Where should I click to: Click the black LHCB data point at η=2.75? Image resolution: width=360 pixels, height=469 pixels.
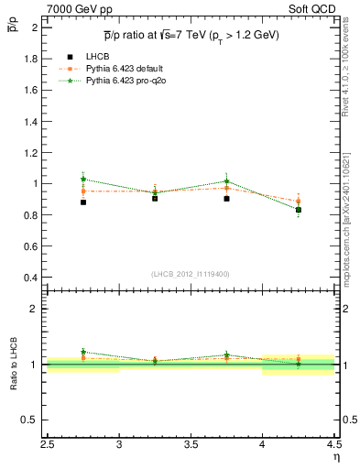coord(83,202)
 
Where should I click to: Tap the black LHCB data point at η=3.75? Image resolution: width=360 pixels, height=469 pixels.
coord(226,198)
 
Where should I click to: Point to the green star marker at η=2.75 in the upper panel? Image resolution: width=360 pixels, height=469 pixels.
coord(83,179)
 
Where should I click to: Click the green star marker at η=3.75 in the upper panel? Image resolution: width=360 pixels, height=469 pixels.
coord(226,181)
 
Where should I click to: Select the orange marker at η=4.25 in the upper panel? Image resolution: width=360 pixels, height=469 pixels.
coord(299,201)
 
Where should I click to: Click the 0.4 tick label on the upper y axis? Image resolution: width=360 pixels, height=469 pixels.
coord(31,278)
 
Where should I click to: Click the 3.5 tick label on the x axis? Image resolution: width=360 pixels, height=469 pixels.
coord(191,446)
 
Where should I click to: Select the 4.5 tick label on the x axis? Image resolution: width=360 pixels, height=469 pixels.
coord(333,446)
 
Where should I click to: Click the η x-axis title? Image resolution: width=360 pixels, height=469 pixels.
coord(336,457)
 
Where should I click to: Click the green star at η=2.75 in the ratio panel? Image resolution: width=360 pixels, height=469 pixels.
coord(83,352)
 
